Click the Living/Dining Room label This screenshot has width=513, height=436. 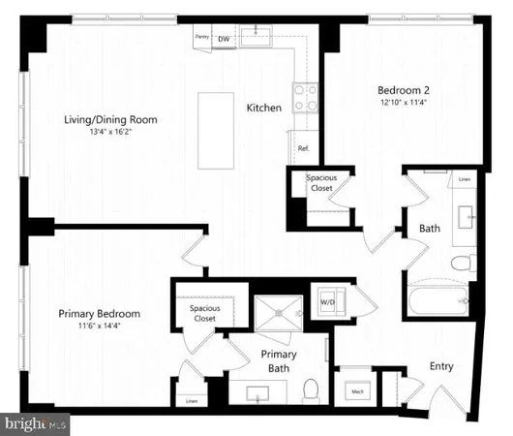coord(110,120)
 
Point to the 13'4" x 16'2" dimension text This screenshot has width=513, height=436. coord(110,133)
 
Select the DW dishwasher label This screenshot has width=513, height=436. coord(224,39)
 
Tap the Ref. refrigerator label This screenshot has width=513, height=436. coord(303,149)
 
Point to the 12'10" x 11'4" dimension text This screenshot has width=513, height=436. coord(404,104)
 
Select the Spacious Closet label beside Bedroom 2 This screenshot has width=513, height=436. coord(321,184)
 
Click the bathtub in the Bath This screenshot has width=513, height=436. coord(439,298)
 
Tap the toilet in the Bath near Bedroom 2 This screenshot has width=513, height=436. coord(463,263)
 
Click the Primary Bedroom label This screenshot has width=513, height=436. coord(99,314)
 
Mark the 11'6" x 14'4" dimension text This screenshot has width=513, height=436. coord(99,327)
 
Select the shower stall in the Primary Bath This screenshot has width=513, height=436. coord(279,313)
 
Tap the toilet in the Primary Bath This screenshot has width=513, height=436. coord(312,389)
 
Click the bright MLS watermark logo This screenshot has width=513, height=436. coord(36,423)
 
